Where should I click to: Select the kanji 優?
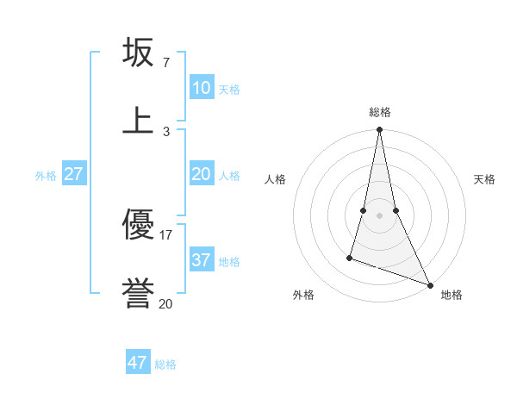coord(139,225)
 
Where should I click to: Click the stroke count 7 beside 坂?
coord(165,63)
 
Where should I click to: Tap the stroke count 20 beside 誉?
coord(165,302)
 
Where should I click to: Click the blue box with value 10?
coord(201,88)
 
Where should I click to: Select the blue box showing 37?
coord(201,259)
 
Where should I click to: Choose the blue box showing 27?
coord(73,174)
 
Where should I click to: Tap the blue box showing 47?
coord(138,363)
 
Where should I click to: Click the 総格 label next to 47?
coord(165,364)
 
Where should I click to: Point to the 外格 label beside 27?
coord(46,176)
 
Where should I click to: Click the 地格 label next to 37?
coord(229,261)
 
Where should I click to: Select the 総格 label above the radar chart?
coord(380,112)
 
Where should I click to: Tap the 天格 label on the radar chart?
coord(484,179)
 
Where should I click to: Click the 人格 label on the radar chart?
coord(275,179)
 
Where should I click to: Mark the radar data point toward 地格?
coord(429,284)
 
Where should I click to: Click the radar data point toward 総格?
coord(379,130)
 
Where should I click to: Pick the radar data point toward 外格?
coord(350,257)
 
